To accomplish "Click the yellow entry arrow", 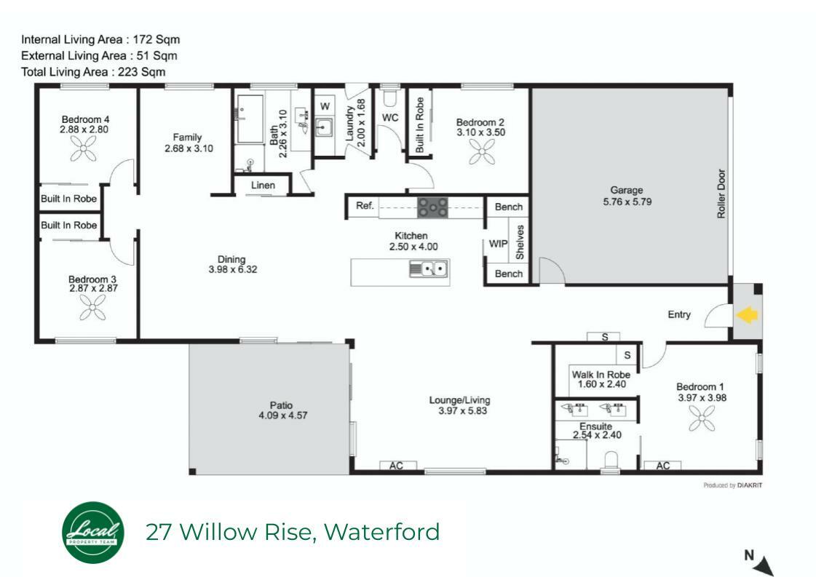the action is [x=747, y=315].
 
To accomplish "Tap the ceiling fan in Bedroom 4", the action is [x=83, y=149].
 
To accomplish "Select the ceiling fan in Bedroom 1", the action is [x=702, y=418].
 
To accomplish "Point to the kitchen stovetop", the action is [x=432, y=207].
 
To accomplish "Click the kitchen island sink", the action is [x=428, y=269].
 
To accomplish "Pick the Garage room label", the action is [x=627, y=191].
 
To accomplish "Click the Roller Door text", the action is [x=721, y=194].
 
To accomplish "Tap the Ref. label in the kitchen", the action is [x=365, y=205].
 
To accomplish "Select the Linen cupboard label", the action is [x=263, y=186].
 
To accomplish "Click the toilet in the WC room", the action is [x=389, y=98].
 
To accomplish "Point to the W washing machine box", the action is [x=325, y=106].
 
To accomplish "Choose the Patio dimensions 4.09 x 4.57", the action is [x=282, y=415].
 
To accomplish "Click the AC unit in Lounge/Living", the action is [x=397, y=466].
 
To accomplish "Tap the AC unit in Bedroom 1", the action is [x=662, y=466].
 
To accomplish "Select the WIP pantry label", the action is [x=497, y=244].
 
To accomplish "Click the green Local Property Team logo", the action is [x=93, y=533].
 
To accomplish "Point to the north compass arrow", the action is [x=765, y=565].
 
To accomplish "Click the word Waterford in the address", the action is [x=382, y=532].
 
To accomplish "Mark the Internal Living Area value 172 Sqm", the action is [x=156, y=39].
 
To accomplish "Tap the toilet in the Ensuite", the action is [x=611, y=460].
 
